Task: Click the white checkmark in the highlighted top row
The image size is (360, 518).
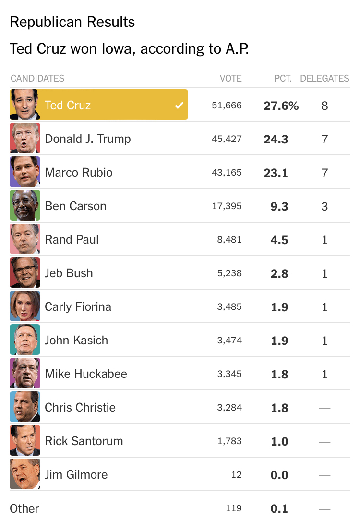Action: coord(179,105)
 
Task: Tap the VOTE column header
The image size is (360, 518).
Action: coord(230,78)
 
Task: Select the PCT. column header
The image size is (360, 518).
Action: coord(283,78)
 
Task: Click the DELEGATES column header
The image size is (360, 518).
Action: coord(324,78)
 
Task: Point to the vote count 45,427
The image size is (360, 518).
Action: coord(227,139)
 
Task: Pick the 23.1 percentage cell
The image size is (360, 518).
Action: coord(276,173)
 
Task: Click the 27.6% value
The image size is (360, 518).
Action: coord(281,106)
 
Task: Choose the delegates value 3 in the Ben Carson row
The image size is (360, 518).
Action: coord(324,206)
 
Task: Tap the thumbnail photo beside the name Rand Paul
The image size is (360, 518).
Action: coord(25,239)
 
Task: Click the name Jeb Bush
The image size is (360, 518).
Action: coord(69,273)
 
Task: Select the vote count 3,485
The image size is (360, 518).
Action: coord(229,306)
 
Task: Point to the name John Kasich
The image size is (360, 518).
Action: coord(76,340)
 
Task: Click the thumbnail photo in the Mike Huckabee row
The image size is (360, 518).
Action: coord(25,373)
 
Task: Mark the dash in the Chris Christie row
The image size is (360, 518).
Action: coord(324,408)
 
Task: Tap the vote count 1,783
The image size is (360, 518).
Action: coord(229,441)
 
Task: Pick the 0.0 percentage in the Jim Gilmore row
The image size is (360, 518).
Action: coord(279,475)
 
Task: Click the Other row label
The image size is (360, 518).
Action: coord(24,508)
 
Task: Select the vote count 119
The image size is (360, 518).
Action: coord(234,508)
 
